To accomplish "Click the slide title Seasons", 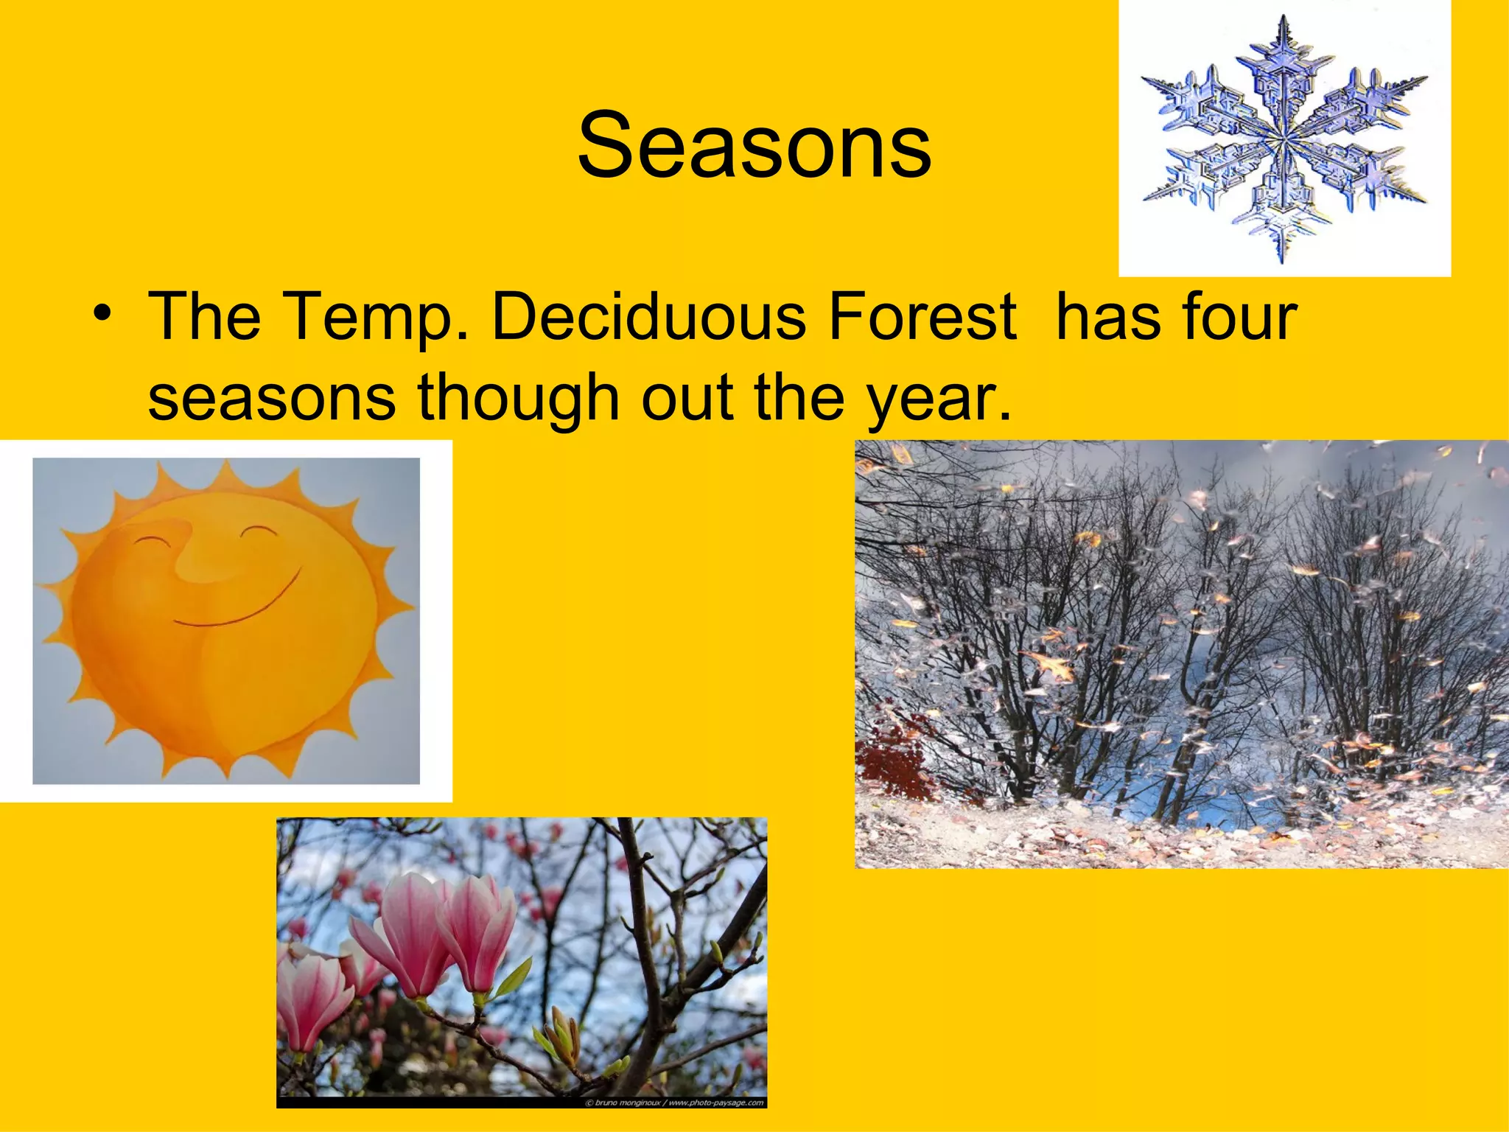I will pyautogui.click(x=754, y=145).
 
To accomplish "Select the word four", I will pyautogui.click(x=1238, y=317).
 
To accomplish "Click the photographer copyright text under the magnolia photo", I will pyautogui.click(x=673, y=1103).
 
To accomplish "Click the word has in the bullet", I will pyautogui.click(x=1102, y=317).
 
